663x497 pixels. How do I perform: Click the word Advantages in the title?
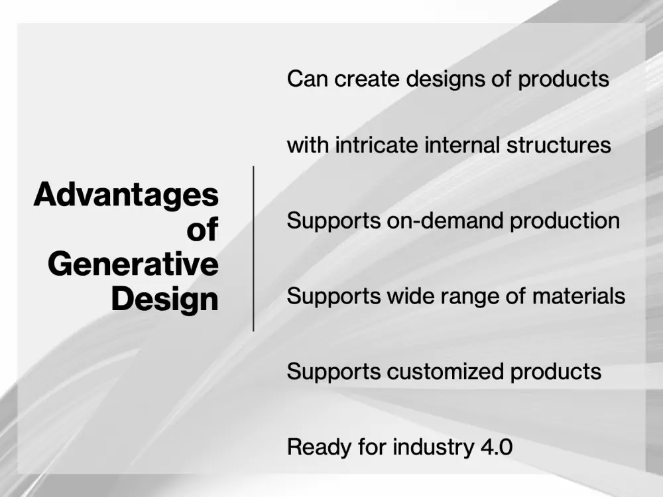coord(126,195)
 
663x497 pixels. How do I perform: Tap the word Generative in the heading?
coord(133,264)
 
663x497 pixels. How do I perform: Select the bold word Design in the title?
coord(164,300)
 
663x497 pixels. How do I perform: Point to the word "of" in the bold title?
coord(202,230)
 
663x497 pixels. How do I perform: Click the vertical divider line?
coord(253,248)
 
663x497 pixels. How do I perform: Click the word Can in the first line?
coord(308,79)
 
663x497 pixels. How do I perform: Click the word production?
coord(565,221)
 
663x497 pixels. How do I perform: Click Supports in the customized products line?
coord(334,372)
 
